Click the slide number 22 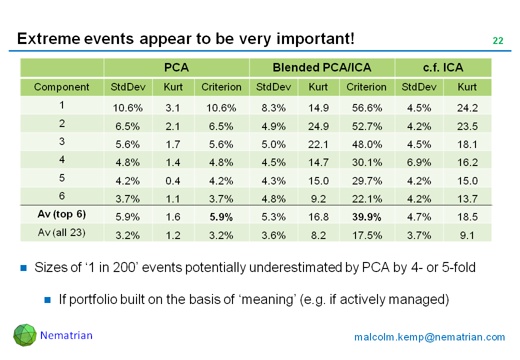(x=497, y=41)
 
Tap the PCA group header (x=176, y=67)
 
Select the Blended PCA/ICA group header (x=322, y=67)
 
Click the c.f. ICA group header (x=443, y=67)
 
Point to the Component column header (x=61, y=87)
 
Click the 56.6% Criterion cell (x=366, y=108)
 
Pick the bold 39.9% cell (x=366, y=217)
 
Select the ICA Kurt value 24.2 (x=467, y=108)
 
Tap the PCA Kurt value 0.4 (x=173, y=180)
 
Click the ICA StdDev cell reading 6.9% (x=419, y=162)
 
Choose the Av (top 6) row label (x=61, y=214)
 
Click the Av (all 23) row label (x=61, y=232)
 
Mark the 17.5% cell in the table (x=366, y=235)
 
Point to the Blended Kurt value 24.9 (x=318, y=126)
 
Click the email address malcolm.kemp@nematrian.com (x=429, y=337)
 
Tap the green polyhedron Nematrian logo (x=24, y=335)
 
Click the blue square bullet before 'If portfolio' (x=48, y=300)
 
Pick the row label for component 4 (x=61, y=159)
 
